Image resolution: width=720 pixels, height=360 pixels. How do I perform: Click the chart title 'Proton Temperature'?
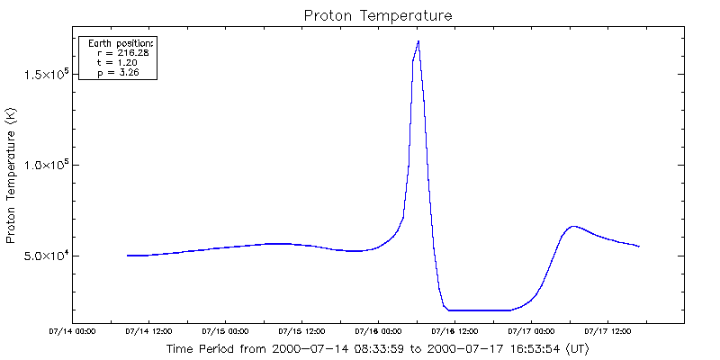[377, 15]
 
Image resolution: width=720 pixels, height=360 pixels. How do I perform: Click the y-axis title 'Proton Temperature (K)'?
[11, 175]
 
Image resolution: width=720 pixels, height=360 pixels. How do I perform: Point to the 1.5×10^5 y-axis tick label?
[47, 74]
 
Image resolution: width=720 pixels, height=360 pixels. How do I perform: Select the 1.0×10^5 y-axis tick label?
[47, 165]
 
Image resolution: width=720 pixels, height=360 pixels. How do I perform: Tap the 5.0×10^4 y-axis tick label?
[47, 256]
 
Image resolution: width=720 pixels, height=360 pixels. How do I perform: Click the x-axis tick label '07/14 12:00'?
[149, 330]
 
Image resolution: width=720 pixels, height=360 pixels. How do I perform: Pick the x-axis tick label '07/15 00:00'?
[225, 330]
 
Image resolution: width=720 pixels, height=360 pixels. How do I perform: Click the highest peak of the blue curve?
[418, 41]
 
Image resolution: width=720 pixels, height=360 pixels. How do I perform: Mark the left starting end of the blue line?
[128, 256]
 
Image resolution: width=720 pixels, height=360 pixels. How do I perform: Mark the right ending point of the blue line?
[639, 247]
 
